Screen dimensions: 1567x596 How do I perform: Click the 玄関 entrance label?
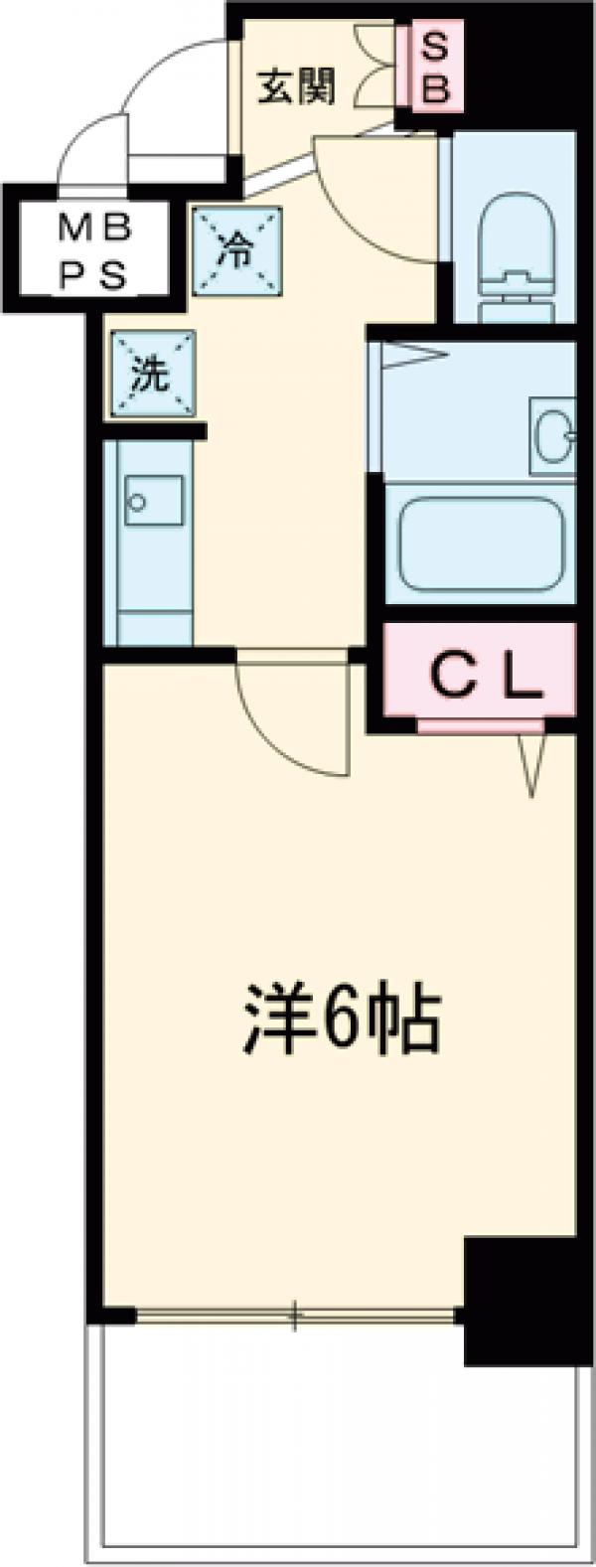tap(296, 86)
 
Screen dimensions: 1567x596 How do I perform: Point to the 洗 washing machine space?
tap(152, 376)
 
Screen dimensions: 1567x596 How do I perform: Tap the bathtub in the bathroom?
tap(479, 541)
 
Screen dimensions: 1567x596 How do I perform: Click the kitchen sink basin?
tap(153, 501)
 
